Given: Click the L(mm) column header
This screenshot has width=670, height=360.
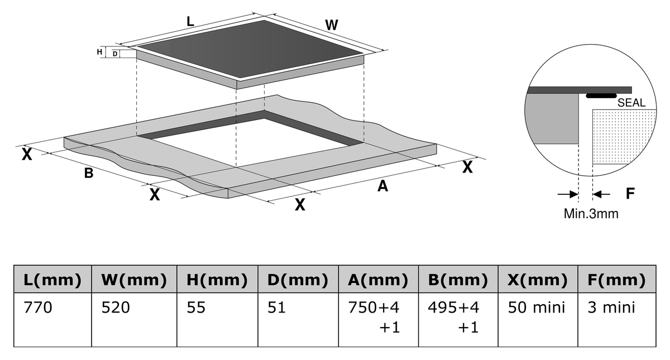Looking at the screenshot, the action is coord(52,280).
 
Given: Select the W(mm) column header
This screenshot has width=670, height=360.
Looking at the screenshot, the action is coord(134,280).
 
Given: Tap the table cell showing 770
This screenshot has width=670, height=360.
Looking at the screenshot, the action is coord(38,308).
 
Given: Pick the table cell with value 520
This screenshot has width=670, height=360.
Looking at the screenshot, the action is coord(116,308).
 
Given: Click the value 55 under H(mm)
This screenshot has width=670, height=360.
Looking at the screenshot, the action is coord(196,308).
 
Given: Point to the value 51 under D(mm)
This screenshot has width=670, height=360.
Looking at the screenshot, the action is coord(277,308).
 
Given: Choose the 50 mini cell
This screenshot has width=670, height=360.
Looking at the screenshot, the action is coord(537,308).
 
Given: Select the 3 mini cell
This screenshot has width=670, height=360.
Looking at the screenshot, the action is coord(611,308).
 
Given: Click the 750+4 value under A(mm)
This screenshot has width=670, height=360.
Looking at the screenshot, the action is coord(374,308).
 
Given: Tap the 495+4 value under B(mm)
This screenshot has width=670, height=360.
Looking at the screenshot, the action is coord(453,308).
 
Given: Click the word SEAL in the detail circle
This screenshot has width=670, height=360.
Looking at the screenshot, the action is coord(631,103).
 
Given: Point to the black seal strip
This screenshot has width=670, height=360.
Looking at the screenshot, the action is coord(601,95).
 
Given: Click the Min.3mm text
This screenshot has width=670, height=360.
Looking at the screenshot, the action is coord(591,214).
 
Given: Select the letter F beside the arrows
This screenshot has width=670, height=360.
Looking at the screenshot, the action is coord(630,194).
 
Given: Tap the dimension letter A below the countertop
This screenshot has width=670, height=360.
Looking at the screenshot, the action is coord(383,186).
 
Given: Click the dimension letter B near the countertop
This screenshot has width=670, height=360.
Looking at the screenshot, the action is coord(89,173).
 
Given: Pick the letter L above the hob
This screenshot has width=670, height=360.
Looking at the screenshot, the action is coord(190,22).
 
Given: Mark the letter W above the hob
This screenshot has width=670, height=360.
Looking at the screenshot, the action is coord(332,25).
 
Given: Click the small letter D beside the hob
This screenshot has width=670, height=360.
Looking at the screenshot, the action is coord(115,54).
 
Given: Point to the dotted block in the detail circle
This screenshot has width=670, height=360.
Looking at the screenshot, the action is coord(624,136).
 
